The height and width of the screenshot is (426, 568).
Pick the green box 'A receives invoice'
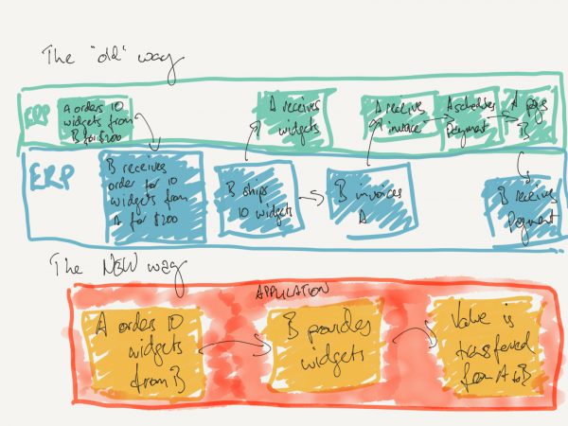(x=391, y=115)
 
